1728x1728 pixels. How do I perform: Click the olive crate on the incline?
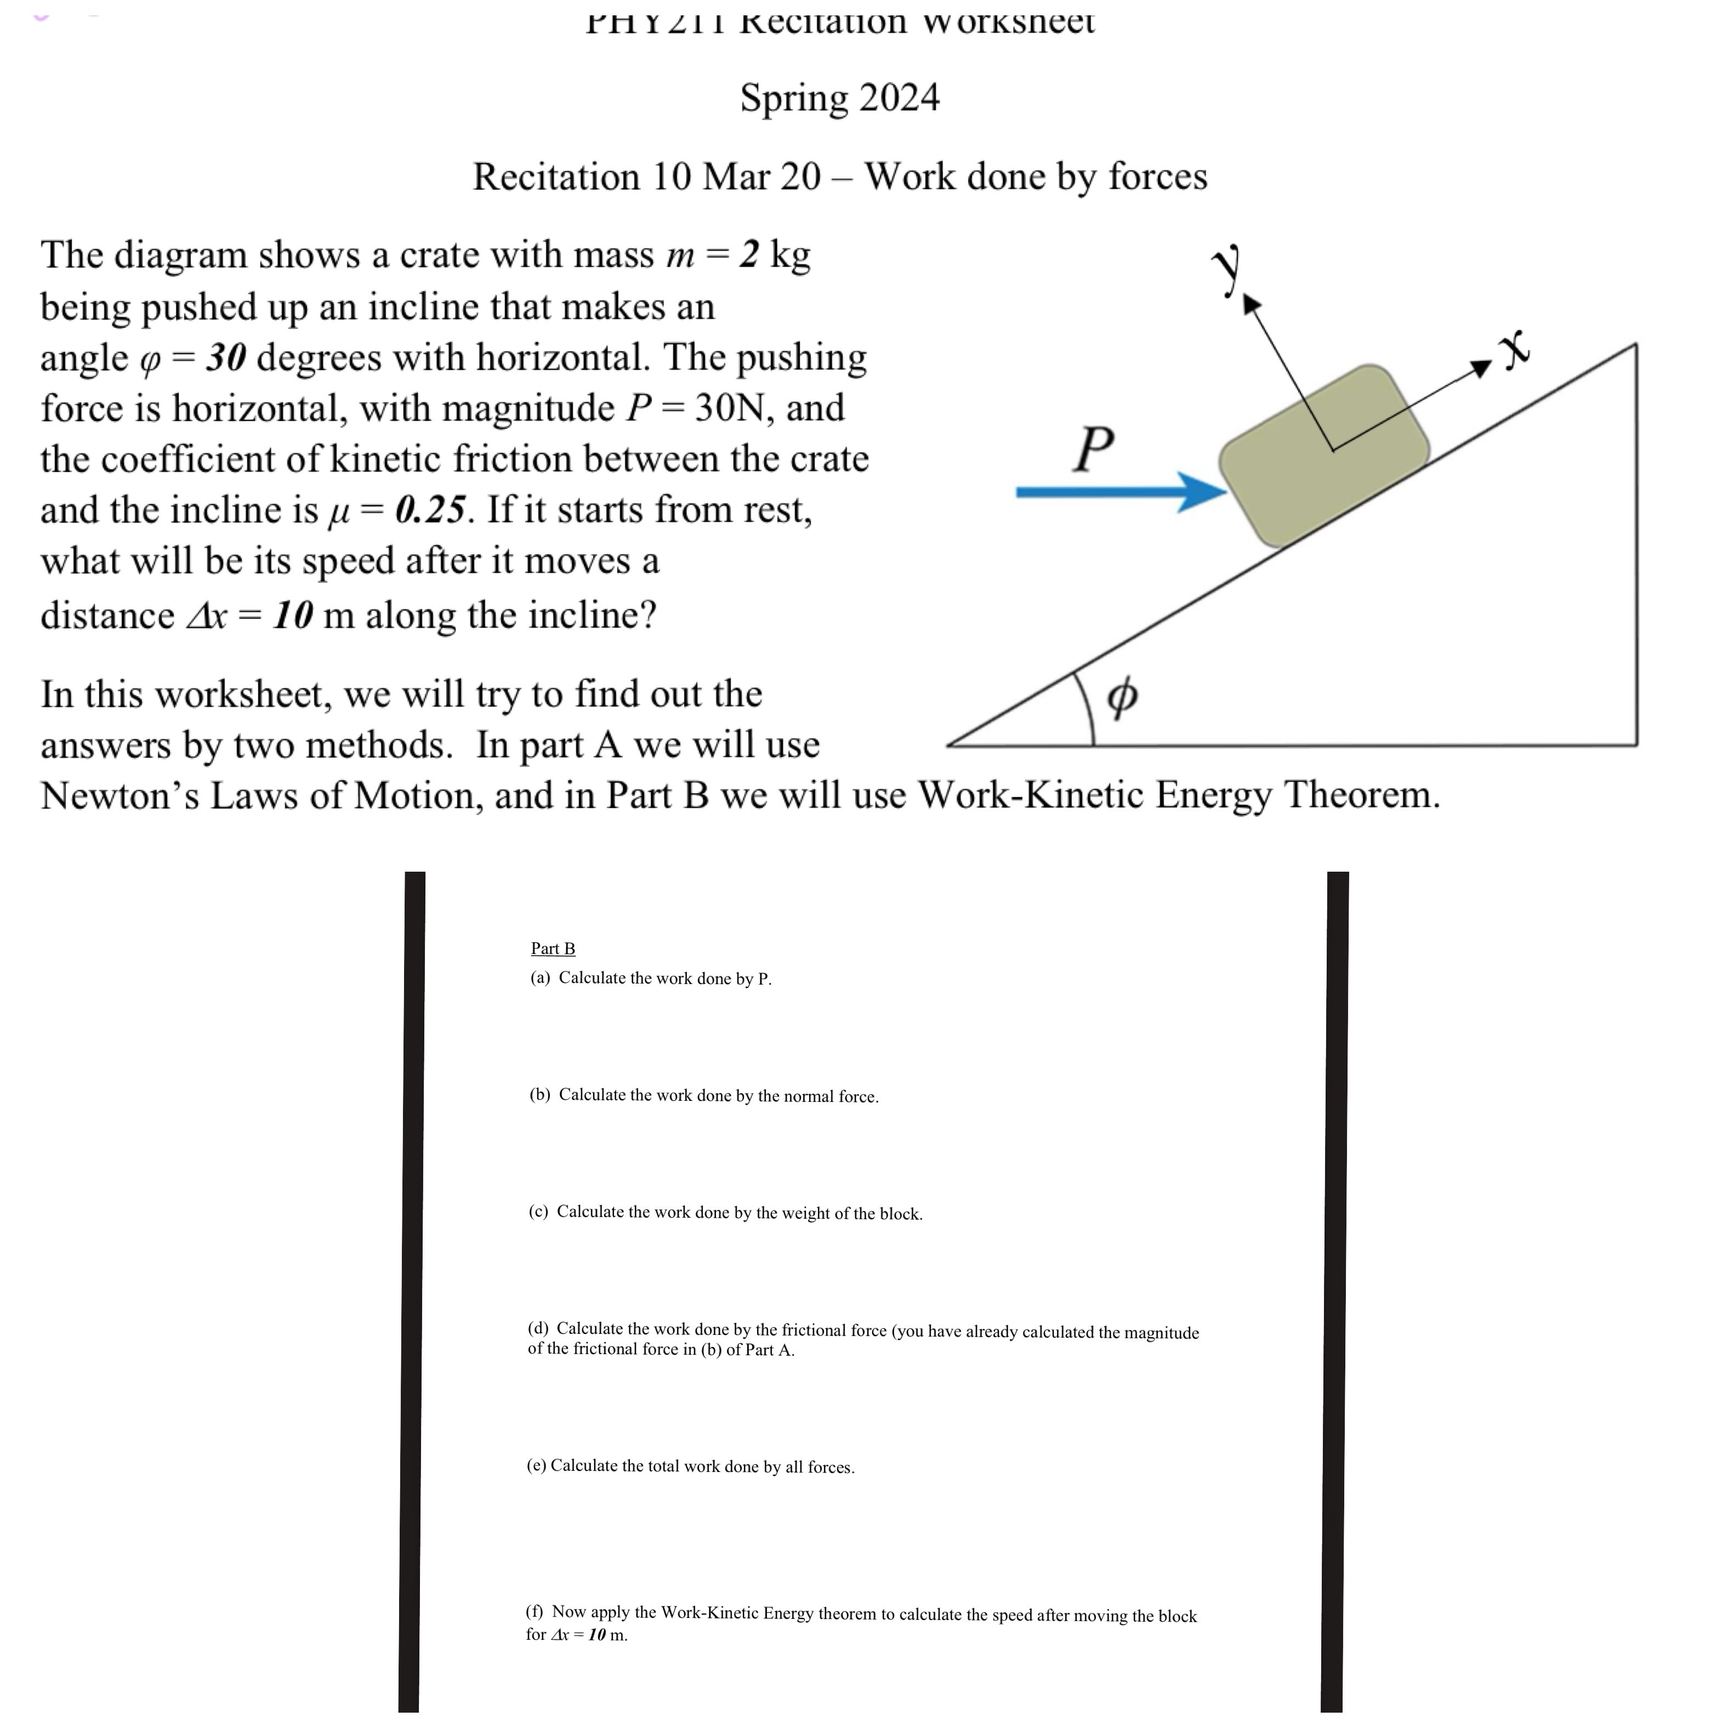[1324, 456]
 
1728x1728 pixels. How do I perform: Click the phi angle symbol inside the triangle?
[1123, 695]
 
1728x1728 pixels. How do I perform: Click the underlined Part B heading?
[553, 949]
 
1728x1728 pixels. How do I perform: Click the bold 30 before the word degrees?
[225, 358]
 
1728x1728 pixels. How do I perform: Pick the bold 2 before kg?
[749, 255]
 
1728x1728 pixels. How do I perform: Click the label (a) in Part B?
[540, 979]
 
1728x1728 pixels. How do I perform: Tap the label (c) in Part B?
[538, 1212]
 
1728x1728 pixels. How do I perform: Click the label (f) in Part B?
[535, 1612]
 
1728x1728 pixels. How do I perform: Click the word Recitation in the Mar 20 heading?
[556, 177]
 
